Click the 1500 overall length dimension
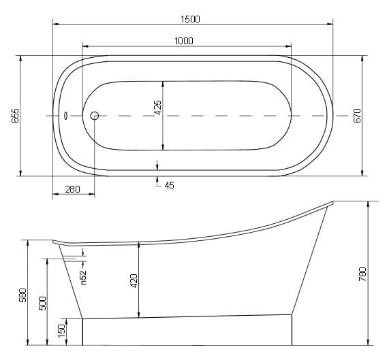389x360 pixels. click(190, 19)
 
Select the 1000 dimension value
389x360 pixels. click(184, 41)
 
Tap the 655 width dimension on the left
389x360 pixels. click(16, 116)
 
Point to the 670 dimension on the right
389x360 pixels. click(357, 116)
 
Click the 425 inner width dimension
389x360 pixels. click(158, 108)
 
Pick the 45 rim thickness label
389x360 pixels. click(170, 185)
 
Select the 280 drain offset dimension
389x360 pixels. click(72, 189)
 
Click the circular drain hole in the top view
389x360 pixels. click(95, 116)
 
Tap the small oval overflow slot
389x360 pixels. click(66, 116)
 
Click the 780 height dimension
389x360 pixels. click(362, 274)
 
